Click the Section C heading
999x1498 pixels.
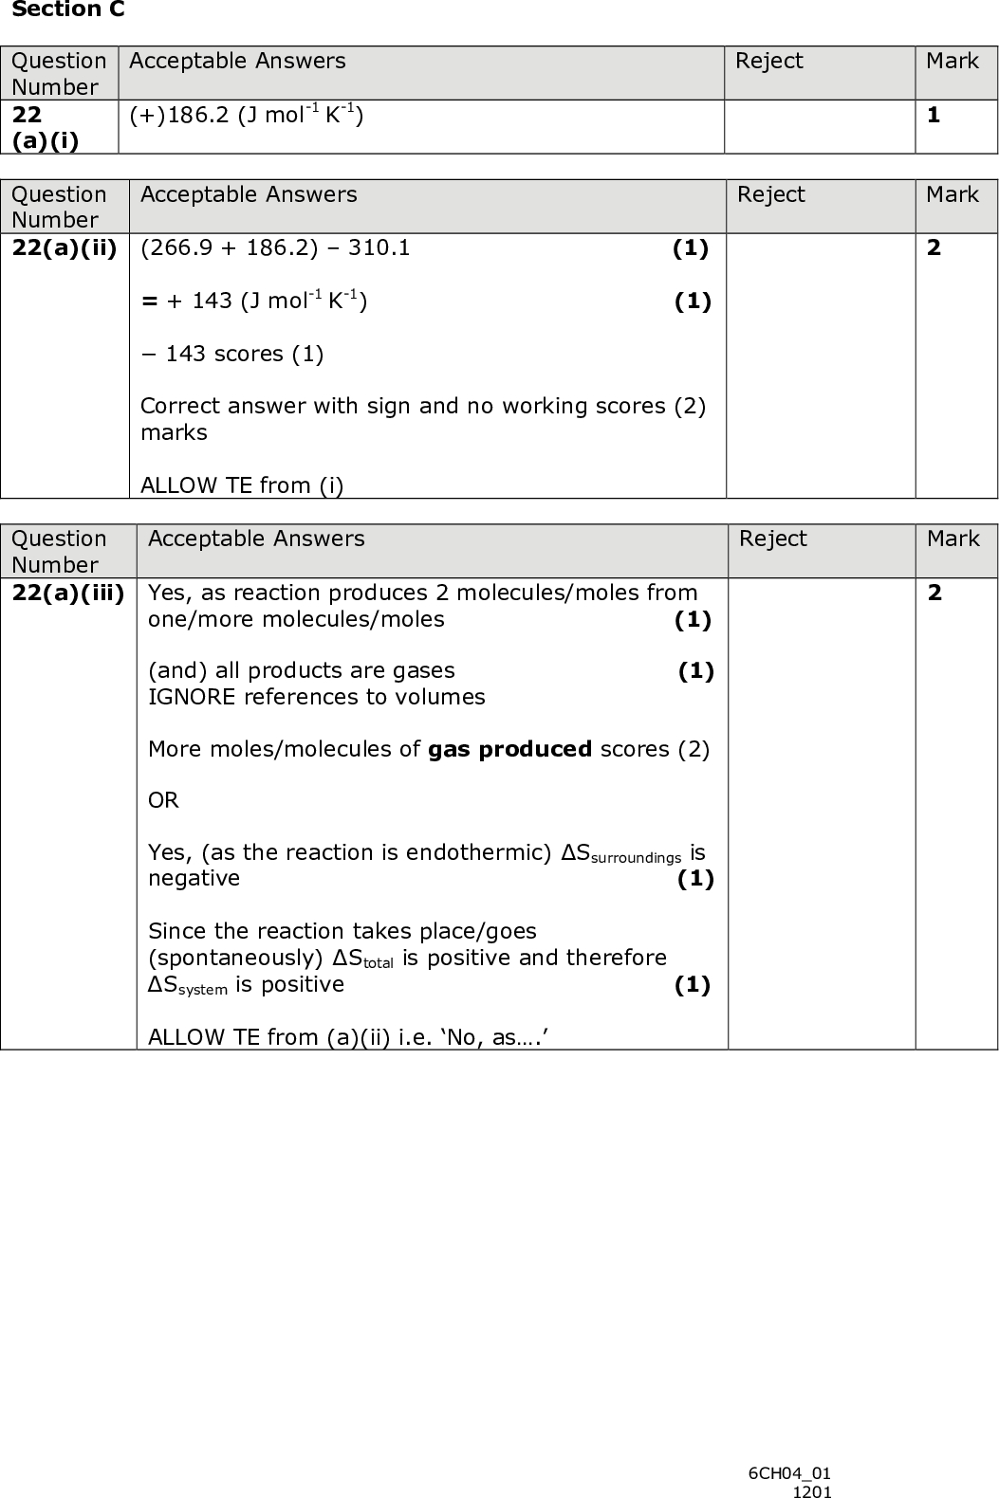[x=68, y=10]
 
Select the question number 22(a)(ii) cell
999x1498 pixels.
[x=65, y=248]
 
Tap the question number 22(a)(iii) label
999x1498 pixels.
[x=68, y=594]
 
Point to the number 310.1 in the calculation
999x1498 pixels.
[x=379, y=248]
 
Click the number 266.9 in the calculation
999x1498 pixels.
[x=180, y=248]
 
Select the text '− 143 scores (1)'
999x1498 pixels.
[x=232, y=355]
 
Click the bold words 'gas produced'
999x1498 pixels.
[x=509, y=749]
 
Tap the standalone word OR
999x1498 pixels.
[x=163, y=801]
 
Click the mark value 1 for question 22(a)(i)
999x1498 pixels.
[x=934, y=116]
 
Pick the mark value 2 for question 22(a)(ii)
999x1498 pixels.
[x=934, y=248]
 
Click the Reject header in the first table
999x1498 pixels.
[x=768, y=62]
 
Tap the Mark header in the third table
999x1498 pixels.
[x=953, y=539]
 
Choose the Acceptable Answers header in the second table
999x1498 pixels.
[x=249, y=194]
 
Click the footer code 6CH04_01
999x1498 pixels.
[x=789, y=1473]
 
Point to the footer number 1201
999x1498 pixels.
[x=812, y=1491]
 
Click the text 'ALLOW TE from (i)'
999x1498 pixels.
[x=242, y=485]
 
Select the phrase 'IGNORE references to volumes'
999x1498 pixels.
[x=316, y=697]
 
